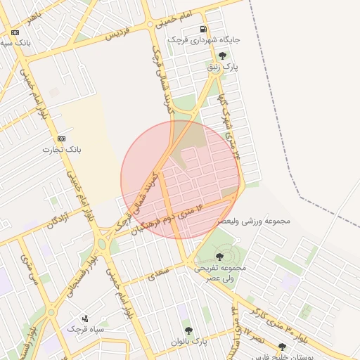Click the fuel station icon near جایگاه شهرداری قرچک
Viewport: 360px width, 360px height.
[x=203, y=30]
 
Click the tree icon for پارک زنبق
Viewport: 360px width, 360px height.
[x=223, y=55]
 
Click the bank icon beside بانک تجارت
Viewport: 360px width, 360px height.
[x=61, y=139]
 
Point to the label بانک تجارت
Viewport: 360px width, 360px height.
[x=63, y=150]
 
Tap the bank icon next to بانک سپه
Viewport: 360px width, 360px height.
[x=15, y=32]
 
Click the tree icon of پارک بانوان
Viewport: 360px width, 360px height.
[x=188, y=330]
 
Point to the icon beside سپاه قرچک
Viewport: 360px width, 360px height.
[x=85, y=318]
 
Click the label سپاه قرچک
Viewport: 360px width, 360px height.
[x=85, y=328]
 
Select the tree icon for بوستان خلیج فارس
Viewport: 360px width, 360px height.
[x=282, y=347]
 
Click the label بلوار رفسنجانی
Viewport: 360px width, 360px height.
[x=88, y=264]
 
